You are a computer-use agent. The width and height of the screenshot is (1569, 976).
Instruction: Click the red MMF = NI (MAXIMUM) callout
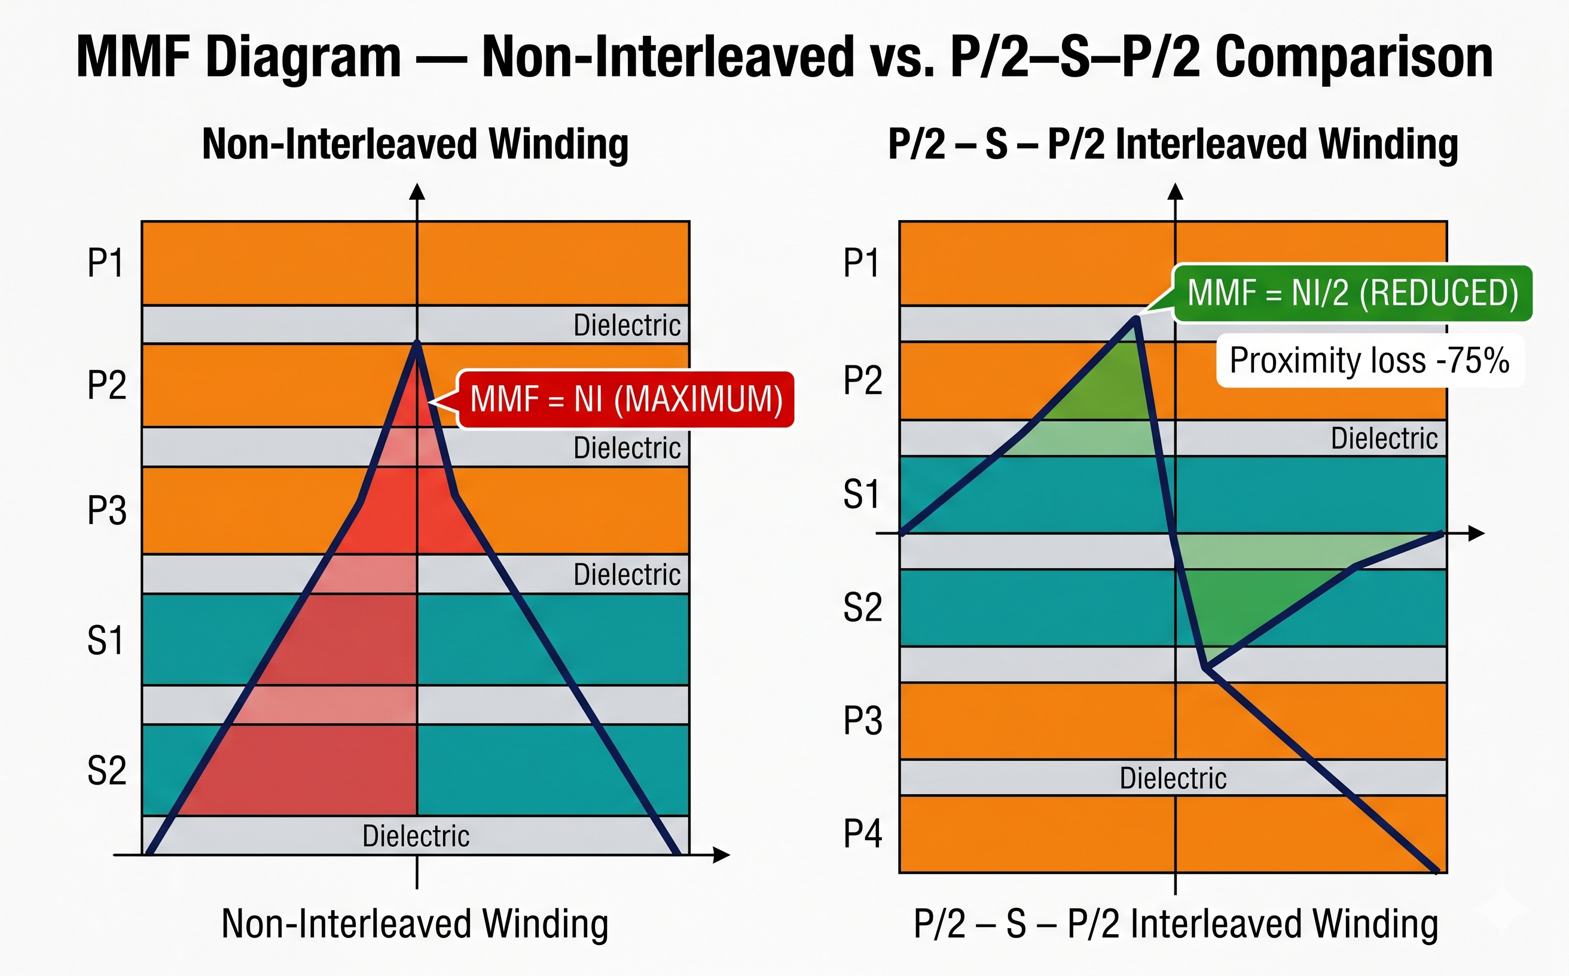tap(625, 399)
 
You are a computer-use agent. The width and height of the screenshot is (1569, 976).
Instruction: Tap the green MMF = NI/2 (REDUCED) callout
tap(1352, 293)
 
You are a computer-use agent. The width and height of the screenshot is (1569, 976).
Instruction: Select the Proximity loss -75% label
tap(1369, 360)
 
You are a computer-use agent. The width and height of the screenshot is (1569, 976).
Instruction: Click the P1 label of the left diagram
tap(106, 263)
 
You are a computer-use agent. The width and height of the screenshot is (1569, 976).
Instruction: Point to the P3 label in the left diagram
tap(106, 511)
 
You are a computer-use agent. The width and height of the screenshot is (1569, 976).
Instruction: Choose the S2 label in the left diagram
tap(106, 771)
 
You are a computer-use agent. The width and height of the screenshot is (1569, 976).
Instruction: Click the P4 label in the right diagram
tap(862, 833)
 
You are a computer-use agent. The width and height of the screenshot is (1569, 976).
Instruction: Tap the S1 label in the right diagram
tap(861, 495)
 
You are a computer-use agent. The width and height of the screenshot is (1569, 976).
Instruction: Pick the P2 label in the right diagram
tap(862, 380)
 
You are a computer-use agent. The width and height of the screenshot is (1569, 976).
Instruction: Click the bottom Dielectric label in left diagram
tap(416, 836)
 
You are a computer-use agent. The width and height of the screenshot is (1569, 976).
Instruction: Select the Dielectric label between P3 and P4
tap(1173, 778)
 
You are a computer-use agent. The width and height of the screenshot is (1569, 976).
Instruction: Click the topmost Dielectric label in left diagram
tap(627, 325)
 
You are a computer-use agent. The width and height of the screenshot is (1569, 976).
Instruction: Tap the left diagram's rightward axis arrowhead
tap(722, 855)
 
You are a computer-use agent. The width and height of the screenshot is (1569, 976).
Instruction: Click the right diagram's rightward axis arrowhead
tap(1477, 533)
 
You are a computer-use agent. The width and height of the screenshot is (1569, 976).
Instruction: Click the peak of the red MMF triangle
tap(417, 341)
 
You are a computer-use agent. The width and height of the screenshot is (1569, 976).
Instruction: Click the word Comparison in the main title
tap(1354, 57)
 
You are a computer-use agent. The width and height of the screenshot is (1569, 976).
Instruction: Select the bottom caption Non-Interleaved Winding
tap(415, 925)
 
